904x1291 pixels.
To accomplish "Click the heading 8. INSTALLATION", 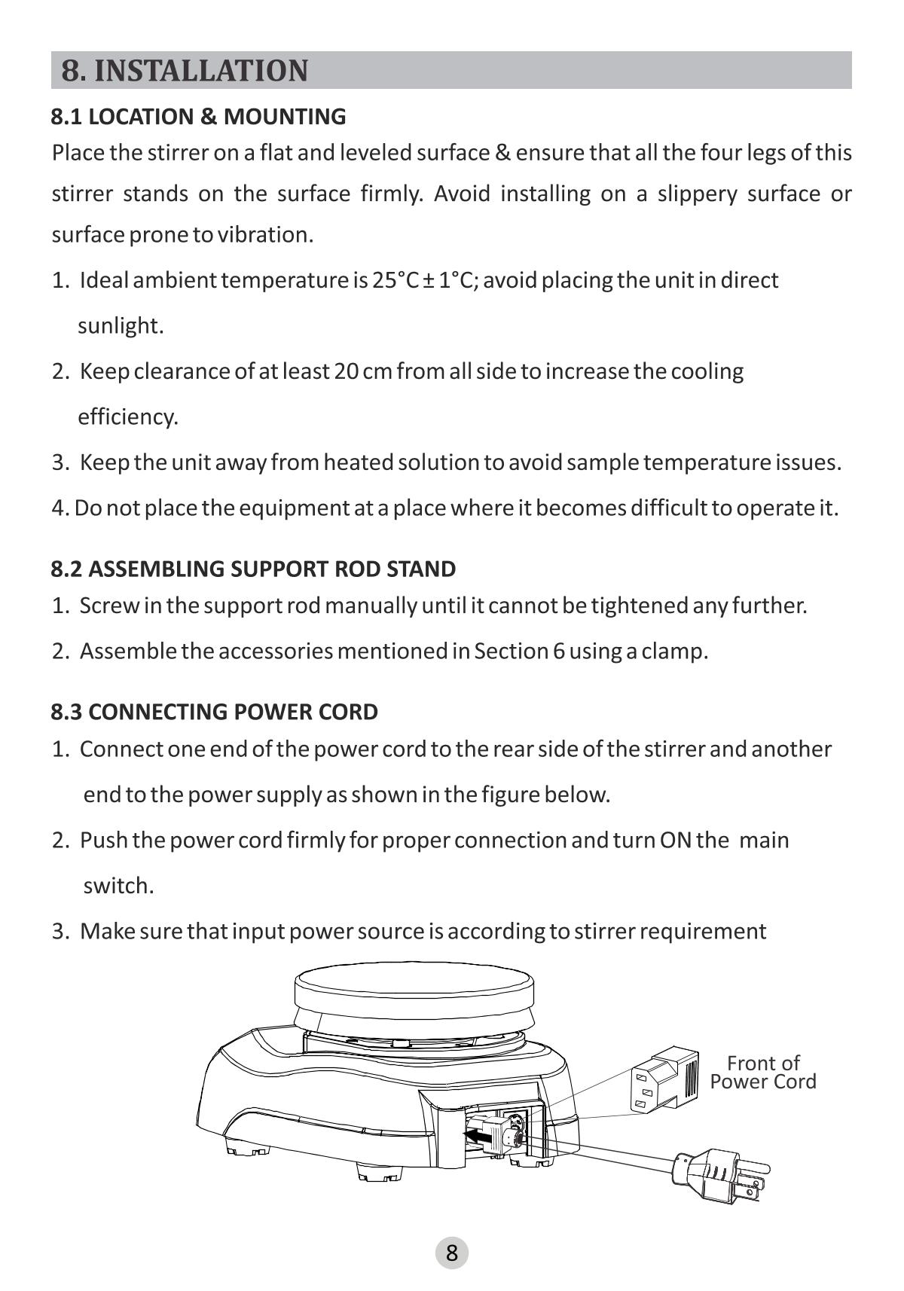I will tap(185, 71).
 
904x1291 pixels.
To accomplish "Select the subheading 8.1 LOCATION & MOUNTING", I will tap(198, 117).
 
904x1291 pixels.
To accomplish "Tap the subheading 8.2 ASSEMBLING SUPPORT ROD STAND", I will tap(253, 569).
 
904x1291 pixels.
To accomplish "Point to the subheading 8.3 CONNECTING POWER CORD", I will tap(214, 712).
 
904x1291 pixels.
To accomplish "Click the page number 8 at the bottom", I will tap(452, 1253).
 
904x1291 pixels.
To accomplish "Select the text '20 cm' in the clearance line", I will tap(363, 371).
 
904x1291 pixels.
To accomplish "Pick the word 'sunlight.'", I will tap(121, 326).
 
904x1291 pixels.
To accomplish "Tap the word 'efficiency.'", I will tap(128, 417).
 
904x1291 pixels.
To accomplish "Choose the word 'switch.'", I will tap(118, 886).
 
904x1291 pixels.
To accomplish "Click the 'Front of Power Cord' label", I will tap(762, 1073).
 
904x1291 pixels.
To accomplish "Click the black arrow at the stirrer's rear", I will tap(478, 1132).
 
